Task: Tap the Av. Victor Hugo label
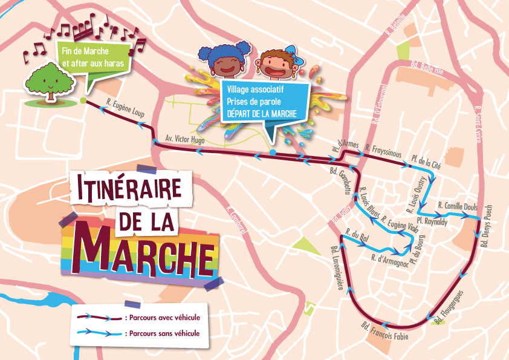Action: (185, 139)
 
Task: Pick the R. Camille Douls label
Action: (458, 206)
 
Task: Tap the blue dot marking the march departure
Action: (273, 152)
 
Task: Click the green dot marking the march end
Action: (82, 100)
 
